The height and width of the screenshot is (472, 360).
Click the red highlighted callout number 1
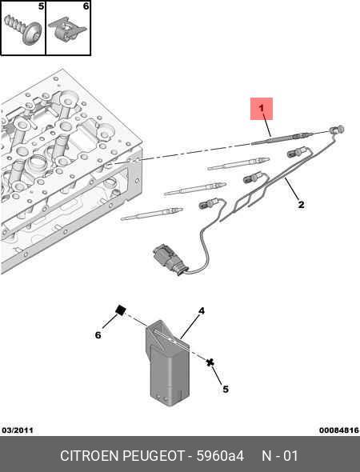click(262, 108)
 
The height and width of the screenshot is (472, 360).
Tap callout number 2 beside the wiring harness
click(301, 205)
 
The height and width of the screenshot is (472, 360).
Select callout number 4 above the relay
click(202, 311)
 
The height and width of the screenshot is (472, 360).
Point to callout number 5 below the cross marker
click(226, 390)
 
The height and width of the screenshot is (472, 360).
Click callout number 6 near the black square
click(98, 334)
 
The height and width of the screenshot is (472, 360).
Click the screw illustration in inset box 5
click(23, 30)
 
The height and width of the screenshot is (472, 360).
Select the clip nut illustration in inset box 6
click(67, 29)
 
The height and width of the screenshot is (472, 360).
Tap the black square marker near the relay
click(121, 310)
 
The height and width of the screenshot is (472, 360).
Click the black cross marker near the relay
click(210, 362)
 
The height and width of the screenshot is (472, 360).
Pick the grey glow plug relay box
click(167, 362)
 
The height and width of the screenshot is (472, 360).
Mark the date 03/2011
click(18, 430)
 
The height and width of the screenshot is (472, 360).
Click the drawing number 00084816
click(339, 430)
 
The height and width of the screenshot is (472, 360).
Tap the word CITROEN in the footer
click(90, 456)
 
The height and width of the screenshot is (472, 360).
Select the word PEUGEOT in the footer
click(154, 456)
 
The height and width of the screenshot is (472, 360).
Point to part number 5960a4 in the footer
click(220, 456)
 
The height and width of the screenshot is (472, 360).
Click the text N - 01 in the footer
click(280, 456)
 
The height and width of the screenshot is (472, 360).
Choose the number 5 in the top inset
click(41, 6)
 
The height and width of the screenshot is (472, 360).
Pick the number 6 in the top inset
click(86, 6)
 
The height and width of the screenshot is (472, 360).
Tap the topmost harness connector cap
click(337, 130)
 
